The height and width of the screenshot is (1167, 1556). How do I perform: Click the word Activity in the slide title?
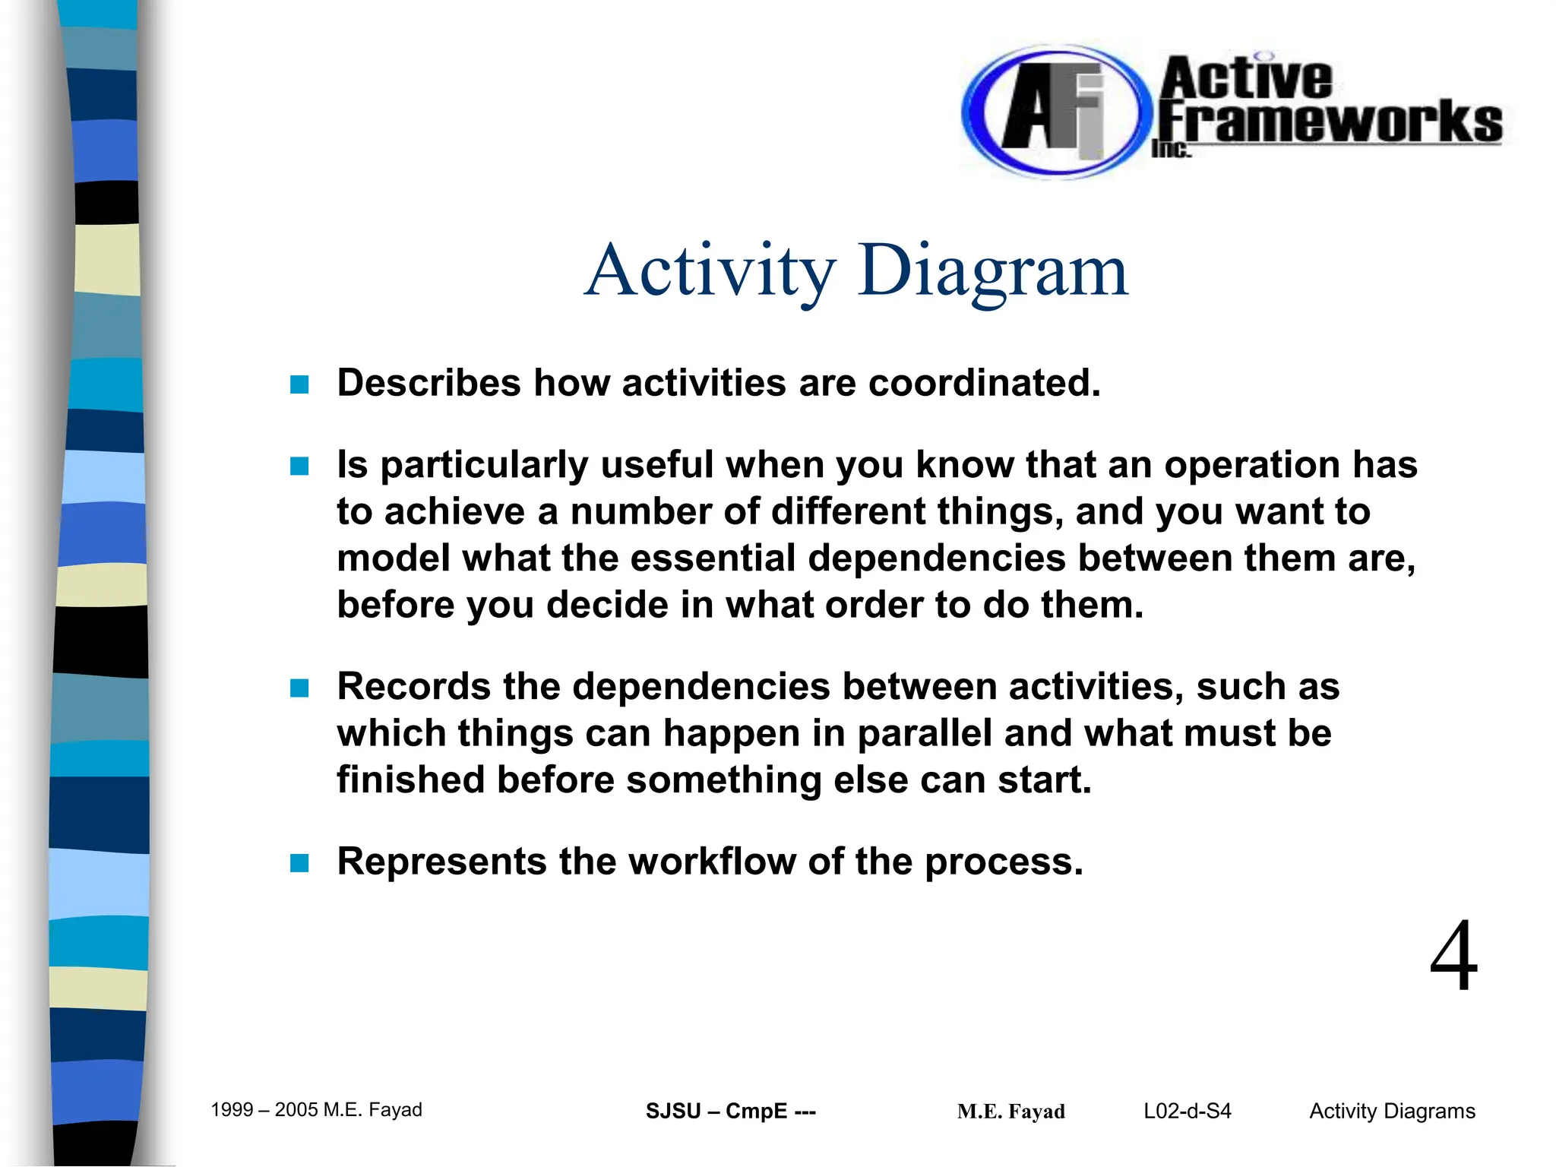pos(710,270)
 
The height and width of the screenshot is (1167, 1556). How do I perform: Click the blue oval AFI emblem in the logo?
pos(1052,112)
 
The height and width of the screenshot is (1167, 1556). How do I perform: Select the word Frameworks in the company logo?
pos(1330,122)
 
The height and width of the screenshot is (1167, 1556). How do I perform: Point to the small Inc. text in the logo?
pos(1171,149)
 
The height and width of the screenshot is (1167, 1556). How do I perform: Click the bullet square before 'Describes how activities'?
pos(299,384)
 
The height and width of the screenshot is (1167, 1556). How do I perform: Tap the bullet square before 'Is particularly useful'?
pos(299,466)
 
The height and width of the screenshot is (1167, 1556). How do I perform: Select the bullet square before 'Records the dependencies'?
pos(299,688)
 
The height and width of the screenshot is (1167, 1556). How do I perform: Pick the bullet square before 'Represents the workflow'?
pos(299,863)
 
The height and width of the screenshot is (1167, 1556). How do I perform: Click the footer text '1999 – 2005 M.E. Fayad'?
pos(316,1110)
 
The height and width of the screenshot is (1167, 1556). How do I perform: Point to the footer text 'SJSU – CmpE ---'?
pos(730,1112)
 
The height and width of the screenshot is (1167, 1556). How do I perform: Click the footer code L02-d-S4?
pos(1187,1112)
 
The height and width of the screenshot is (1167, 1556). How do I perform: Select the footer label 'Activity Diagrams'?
pos(1392,1112)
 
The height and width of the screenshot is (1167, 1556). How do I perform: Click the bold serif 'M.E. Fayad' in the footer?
pos(1010,1112)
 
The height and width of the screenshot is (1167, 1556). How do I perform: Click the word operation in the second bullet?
pos(1251,465)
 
